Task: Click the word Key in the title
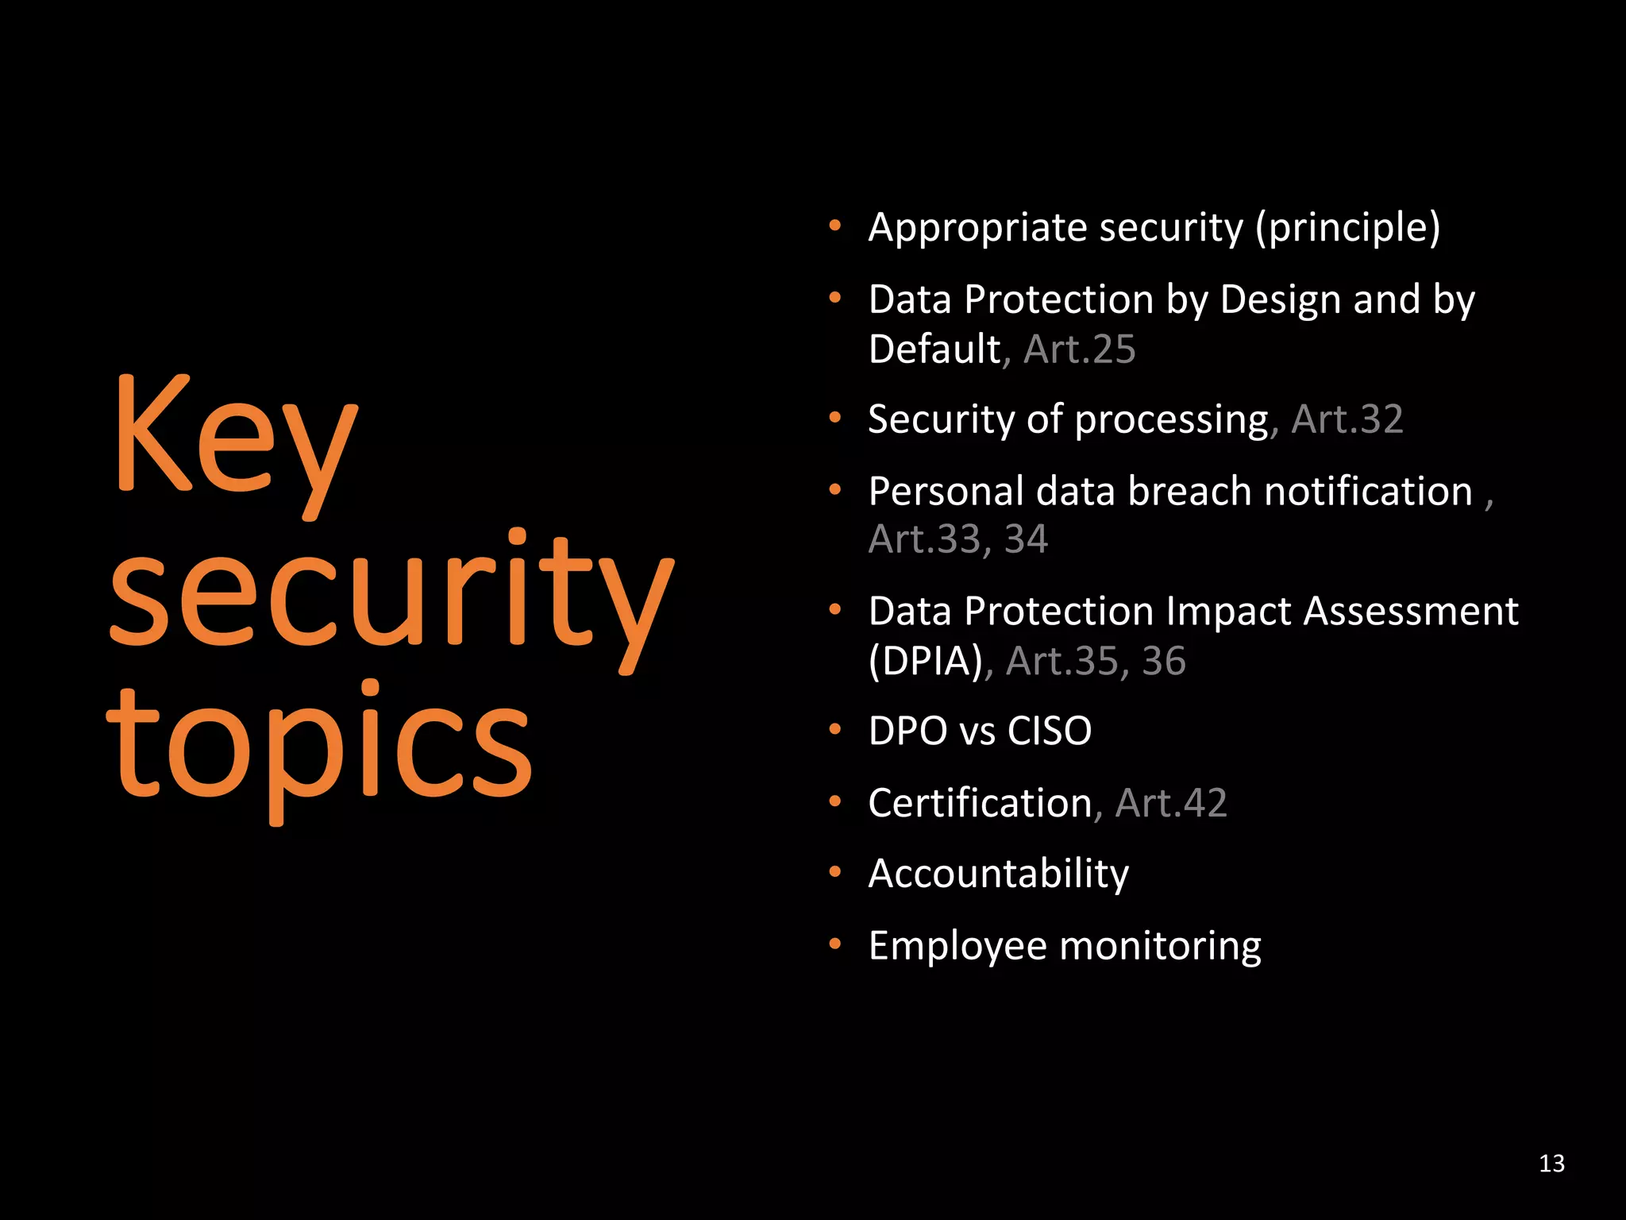coord(235,441)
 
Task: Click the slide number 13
coord(1551,1164)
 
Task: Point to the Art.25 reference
coord(1080,349)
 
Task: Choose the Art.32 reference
coord(1347,419)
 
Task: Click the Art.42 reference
coord(1171,803)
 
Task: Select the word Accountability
coord(998,874)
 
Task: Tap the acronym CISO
coord(1049,731)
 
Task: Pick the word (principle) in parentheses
coord(1347,229)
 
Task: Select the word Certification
coord(981,803)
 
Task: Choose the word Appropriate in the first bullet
coord(977,229)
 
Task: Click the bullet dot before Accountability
coord(834,872)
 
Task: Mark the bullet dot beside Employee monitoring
coord(834,944)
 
